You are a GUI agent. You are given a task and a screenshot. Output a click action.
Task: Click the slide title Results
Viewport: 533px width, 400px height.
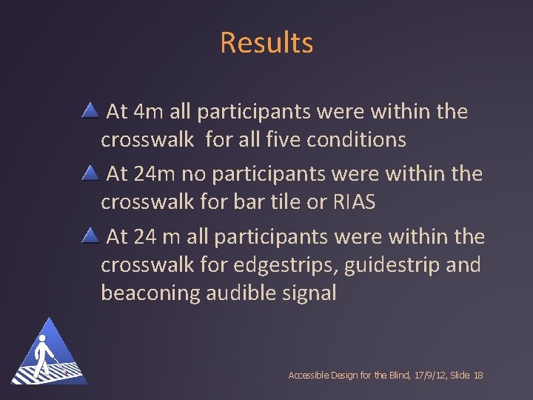266,43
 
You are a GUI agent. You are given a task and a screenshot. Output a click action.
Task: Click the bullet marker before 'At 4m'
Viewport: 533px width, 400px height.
90,112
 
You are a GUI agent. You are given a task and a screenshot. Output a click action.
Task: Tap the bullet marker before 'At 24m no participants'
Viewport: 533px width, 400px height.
90,174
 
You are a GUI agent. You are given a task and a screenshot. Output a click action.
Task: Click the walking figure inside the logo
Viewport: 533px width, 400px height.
46,354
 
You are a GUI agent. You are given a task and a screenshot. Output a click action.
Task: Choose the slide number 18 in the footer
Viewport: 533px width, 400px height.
477,376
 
